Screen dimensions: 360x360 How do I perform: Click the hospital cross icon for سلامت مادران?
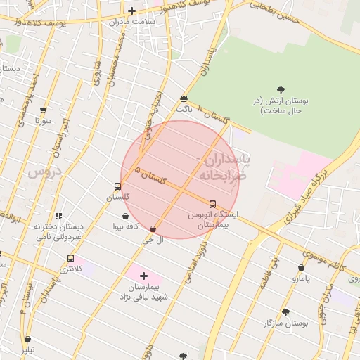[131, 11]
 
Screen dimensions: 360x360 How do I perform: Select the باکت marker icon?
[184, 98]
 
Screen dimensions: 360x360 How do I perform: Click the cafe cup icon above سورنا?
[44, 110]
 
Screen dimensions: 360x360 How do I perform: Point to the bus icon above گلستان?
[117, 187]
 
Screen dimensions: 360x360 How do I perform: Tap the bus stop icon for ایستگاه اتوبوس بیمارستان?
[212, 204]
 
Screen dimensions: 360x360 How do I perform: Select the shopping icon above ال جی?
[153, 229]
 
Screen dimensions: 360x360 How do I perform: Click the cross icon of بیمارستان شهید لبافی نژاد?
[144, 276]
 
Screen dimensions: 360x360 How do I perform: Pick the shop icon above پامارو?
[302, 267]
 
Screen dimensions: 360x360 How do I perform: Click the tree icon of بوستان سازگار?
[285, 312]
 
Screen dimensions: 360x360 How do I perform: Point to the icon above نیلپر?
[27, 339]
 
